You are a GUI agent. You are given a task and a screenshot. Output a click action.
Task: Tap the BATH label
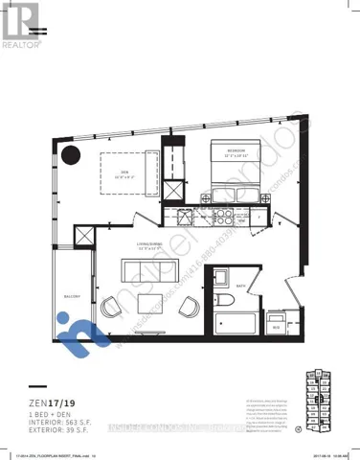click(240, 286)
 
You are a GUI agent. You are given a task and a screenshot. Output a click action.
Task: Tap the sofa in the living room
click(148, 268)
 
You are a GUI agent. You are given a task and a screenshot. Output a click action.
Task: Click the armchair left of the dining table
click(113, 306)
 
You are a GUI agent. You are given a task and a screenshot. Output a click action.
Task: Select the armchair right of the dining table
click(191, 306)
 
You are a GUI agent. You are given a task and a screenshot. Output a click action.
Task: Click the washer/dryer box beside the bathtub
click(277, 320)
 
